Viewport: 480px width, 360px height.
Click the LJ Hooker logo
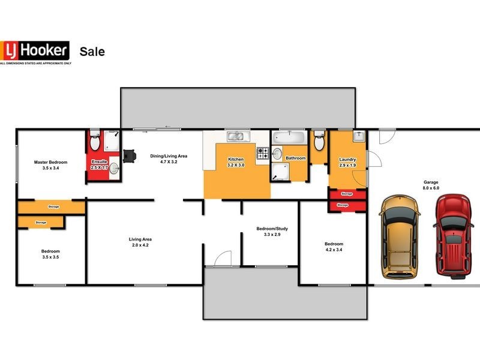[35, 51]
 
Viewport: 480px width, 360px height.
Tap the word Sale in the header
[92, 52]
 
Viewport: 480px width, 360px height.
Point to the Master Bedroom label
[50, 163]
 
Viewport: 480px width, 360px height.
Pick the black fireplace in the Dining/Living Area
[128, 155]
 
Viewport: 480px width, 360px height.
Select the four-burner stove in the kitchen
[263, 154]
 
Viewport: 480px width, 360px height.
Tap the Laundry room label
[347, 160]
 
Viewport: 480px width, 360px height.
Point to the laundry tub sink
[358, 136]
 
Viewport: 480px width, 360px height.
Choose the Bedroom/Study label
[272, 229]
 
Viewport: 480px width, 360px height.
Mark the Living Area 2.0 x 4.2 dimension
[139, 245]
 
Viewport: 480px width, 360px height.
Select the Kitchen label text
[235, 159]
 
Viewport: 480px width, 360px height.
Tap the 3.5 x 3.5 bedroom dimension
[50, 257]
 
